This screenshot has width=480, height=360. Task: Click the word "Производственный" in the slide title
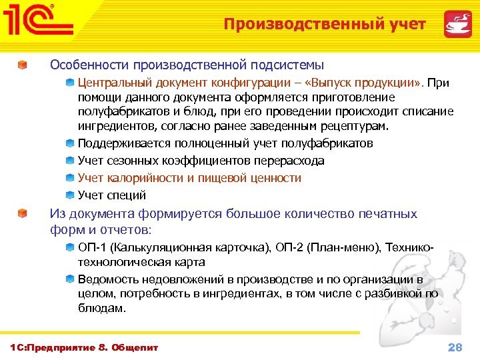(291, 25)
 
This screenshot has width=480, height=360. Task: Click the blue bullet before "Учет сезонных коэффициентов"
(70, 161)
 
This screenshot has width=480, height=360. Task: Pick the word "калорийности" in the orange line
(142, 178)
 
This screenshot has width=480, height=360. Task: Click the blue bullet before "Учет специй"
(70, 195)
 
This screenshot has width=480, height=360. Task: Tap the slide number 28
(455, 347)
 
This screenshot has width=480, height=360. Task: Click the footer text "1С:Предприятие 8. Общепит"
(83, 347)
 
